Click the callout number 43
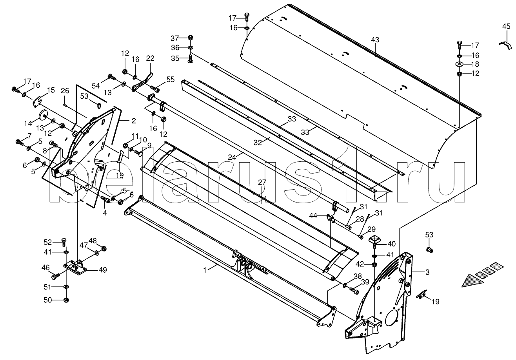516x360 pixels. (x=375, y=40)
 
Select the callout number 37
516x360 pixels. (x=174, y=38)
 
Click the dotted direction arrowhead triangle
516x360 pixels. (x=472, y=280)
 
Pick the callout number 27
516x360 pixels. (x=262, y=182)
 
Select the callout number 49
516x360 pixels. (x=103, y=270)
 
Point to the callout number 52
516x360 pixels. (x=47, y=242)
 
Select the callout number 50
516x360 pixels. (x=47, y=300)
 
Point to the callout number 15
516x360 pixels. (x=51, y=90)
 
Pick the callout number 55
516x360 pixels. (x=170, y=79)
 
